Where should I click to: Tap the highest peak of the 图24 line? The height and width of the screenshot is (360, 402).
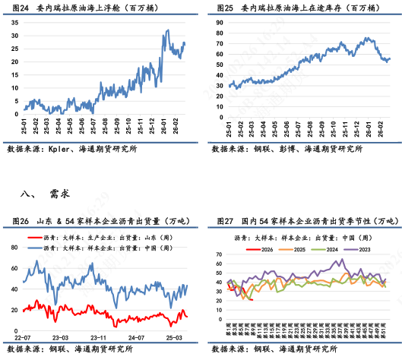166,30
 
